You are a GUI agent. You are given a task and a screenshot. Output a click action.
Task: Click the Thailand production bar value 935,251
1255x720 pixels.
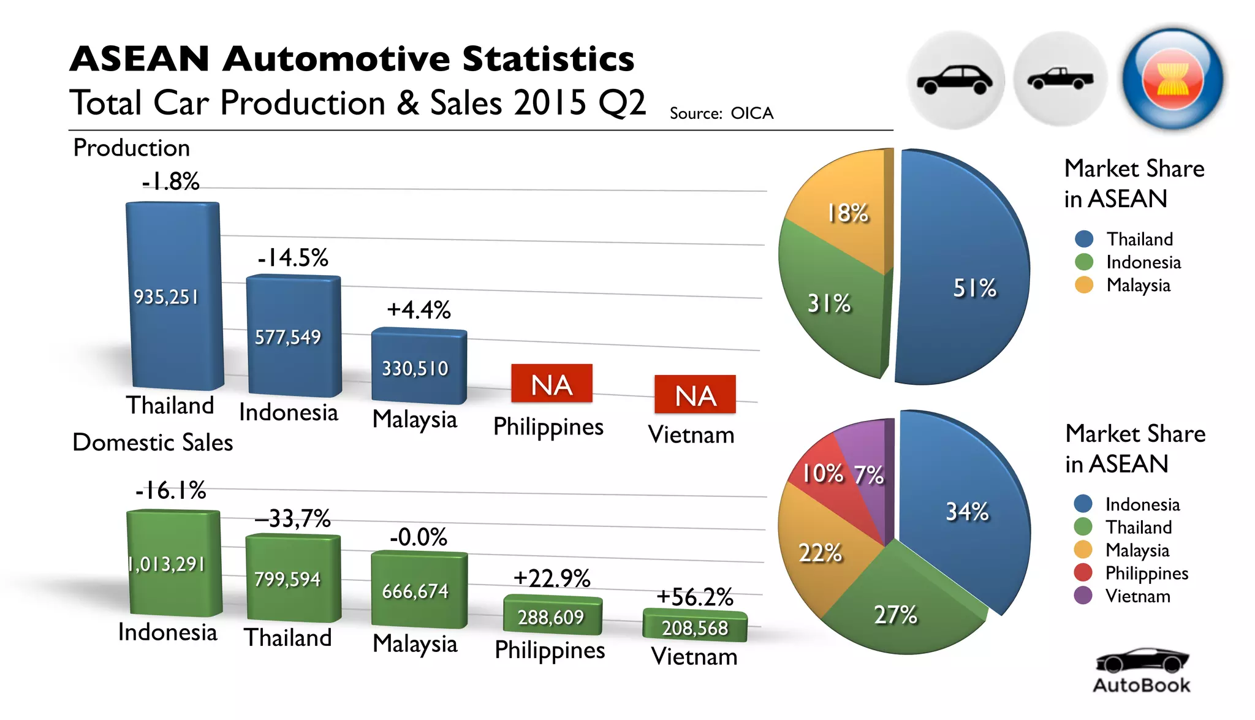click(167, 297)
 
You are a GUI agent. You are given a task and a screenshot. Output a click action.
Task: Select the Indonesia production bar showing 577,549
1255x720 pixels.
click(288, 337)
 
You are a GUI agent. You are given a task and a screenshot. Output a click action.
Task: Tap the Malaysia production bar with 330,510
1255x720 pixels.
click(415, 368)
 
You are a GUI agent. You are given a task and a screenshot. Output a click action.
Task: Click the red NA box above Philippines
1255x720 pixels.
click(552, 384)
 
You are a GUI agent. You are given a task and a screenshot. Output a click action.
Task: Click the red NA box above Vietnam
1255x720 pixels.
click(695, 395)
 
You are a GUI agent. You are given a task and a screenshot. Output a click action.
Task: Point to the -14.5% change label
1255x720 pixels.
click(293, 258)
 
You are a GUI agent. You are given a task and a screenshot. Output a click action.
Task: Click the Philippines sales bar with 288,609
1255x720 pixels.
click(551, 616)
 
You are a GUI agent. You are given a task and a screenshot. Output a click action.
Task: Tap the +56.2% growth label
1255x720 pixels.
click(694, 597)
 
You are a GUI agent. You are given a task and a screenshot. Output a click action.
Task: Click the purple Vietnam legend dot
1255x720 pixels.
click(1083, 596)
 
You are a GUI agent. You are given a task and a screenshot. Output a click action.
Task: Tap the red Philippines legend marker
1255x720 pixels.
click(1083, 572)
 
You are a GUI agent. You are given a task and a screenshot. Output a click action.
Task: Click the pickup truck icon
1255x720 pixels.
click(1060, 80)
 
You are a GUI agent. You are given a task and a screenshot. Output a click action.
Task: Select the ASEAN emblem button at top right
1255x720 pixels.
click(1172, 80)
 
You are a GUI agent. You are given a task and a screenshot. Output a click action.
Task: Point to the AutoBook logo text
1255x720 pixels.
click(1142, 685)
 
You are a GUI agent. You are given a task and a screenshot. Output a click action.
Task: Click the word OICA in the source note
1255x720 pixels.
click(752, 113)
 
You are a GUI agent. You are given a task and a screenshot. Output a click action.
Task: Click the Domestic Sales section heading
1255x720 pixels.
click(153, 442)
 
